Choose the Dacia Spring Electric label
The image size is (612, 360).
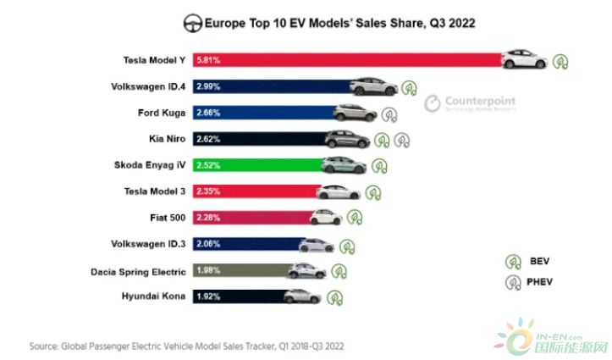point(139,271)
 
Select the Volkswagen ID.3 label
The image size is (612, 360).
point(148,244)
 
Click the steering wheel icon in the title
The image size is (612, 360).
point(191,22)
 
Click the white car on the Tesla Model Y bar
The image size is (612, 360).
point(525,59)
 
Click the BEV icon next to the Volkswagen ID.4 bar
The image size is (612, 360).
point(411,87)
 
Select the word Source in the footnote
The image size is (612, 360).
point(43,346)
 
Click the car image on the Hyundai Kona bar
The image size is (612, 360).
point(301,296)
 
